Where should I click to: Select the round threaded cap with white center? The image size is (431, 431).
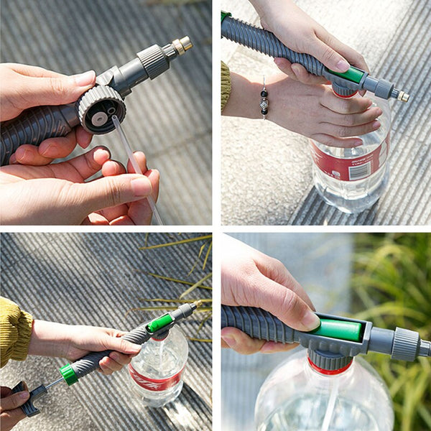(x=101, y=110)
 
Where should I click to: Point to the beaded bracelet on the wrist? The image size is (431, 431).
(x=264, y=98)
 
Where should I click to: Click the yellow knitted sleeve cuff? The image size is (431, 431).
(x=14, y=331)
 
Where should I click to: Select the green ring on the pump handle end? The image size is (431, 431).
(x=69, y=374)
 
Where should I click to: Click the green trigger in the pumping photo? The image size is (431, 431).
(x=159, y=323)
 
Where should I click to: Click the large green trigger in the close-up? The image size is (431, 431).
(x=338, y=330)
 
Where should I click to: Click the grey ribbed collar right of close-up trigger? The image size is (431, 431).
(x=405, y=343)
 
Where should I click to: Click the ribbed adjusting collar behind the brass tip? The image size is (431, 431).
(x=152, y=60)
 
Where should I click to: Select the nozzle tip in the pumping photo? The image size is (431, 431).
(x=192, y=306)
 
